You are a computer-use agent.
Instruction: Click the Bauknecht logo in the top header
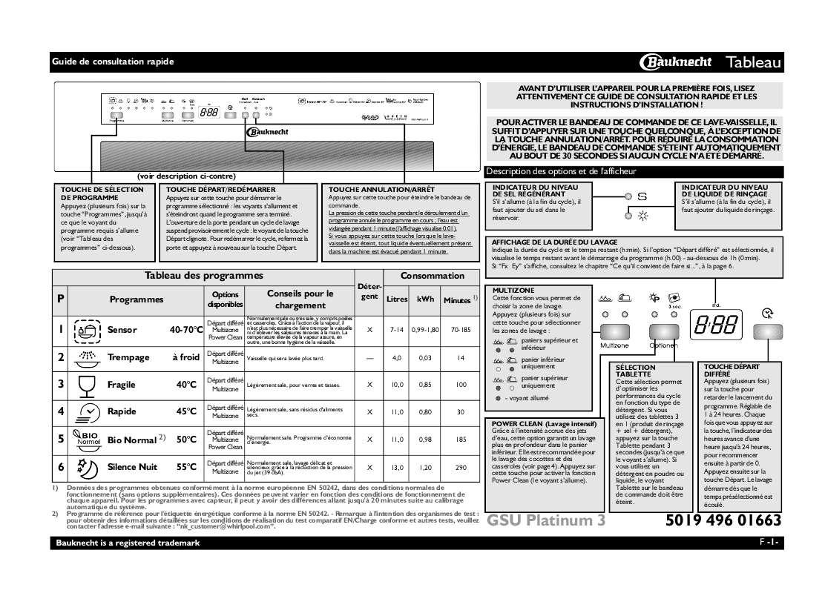pos(676,62)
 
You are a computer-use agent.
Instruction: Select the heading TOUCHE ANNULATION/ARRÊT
pos(371,190)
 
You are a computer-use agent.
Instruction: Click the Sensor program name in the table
pos(122,330)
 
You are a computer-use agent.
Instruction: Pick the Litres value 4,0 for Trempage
pos(397,358)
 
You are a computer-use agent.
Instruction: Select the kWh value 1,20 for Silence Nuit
pos(426,467)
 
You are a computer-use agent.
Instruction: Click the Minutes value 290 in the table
pos(461,467)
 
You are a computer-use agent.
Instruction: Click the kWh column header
pos(426,299)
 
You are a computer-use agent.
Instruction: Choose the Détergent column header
pos(369,291)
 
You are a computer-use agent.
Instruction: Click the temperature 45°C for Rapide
pos(186,412)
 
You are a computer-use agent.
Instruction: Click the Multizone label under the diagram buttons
pos(614,345)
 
